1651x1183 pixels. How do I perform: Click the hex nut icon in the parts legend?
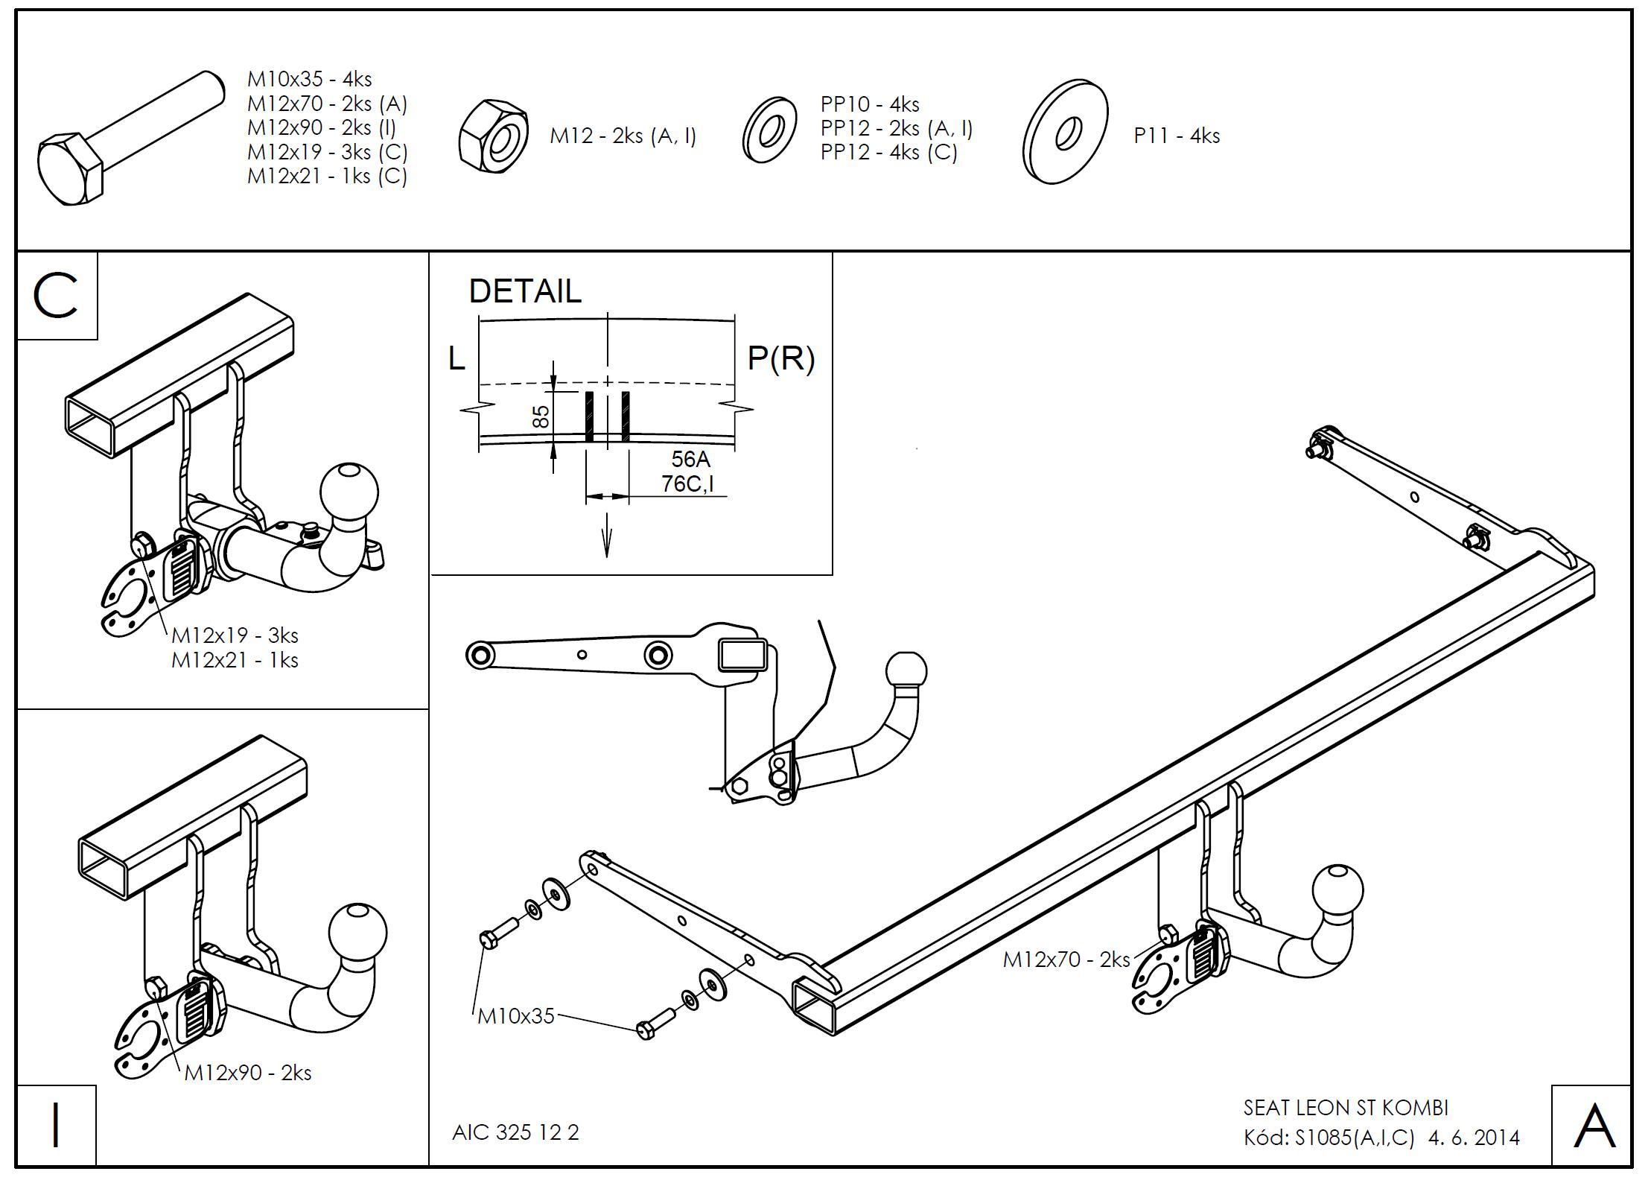pyautogui.click(x=493, y=136)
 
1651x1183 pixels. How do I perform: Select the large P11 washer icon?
pyautogui.click(x=1066, y=133)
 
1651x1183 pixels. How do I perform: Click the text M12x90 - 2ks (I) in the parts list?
pyautogui.click(x=322, y=127)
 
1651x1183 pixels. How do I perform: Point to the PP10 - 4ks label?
pyautogui.click(x=870, y=104)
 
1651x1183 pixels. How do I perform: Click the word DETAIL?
pyautogui.click(x=525, y=291)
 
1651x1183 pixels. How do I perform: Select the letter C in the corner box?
pyautogui.click(x=56, y=296)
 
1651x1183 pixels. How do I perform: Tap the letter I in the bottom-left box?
pyautogui.click(x=56, y=1125)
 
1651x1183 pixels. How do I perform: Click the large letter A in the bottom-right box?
pyautogui.click(x=1593, y=1126)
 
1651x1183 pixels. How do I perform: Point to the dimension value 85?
pyautogui.click(x=542, y=416)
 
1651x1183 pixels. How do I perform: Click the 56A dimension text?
pyautogui.click(x=690, y=460)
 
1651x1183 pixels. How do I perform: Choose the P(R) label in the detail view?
pyautogui.click(x=781, y=358)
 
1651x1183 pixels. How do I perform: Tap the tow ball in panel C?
pyautogui.click(x=349, y=492)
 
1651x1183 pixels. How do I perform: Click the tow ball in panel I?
pyautogui.click(x=358, y=933)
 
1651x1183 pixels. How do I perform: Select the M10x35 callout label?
pyautogui.click(x=516, y=1016)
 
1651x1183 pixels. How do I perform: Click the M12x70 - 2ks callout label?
pyautogui.click(x=1066, y=960)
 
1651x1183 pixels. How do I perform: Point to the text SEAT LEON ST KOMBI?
pyautogui.click(x=1346, y=1108)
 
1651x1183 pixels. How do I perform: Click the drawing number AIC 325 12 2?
pyautogui.click(x=515, y=1132)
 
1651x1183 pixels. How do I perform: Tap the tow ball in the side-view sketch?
pyautogui.click(x=906, y=672)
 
